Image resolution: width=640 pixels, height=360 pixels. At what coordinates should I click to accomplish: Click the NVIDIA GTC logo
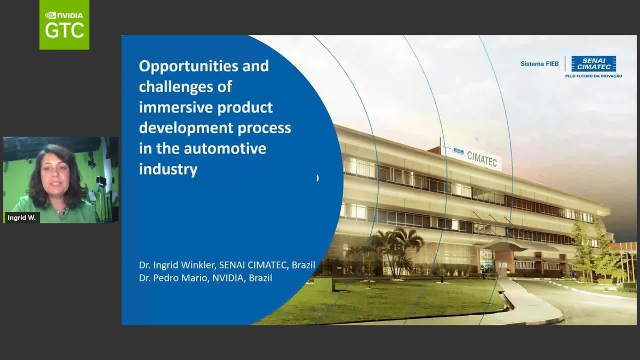64,25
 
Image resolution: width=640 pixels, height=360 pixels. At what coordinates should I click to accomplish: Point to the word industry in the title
168,169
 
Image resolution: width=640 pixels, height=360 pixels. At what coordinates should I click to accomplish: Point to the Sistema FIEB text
539,64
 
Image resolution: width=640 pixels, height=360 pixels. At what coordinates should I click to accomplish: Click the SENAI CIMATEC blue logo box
593,63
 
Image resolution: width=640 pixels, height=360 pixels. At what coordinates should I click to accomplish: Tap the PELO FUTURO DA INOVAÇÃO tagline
593,76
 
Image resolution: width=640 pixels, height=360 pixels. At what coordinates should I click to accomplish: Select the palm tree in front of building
397,245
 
